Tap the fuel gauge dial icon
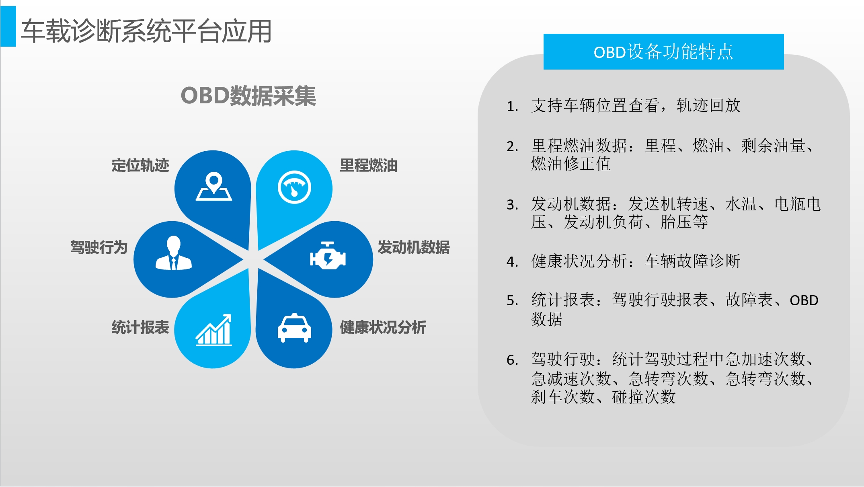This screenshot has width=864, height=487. coord(294,187)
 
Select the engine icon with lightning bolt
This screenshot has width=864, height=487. coord(328,255)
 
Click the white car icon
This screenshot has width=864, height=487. coord(294,328)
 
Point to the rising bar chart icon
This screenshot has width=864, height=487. coord(214,330)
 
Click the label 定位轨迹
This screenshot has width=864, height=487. coord(140,165)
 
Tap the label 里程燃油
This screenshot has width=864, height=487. coord(369,165)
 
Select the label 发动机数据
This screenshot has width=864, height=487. coord(414,247)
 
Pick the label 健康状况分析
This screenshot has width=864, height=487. coord(383,327)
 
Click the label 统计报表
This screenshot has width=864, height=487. coord(140,327)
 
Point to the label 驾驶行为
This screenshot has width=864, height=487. coord(99,247)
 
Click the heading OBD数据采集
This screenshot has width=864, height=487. coord(248,96)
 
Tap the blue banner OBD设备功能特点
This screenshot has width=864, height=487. coord(663,51)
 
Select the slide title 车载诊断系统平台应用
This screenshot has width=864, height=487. coord(146,31)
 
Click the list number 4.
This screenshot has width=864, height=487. coord(512,262)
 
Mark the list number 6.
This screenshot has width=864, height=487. coord(512,360)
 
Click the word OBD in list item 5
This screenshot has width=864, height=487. coord(804,300)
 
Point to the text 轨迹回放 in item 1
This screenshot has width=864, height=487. coord(708,105)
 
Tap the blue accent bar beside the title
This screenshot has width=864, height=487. coord(8,26)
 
